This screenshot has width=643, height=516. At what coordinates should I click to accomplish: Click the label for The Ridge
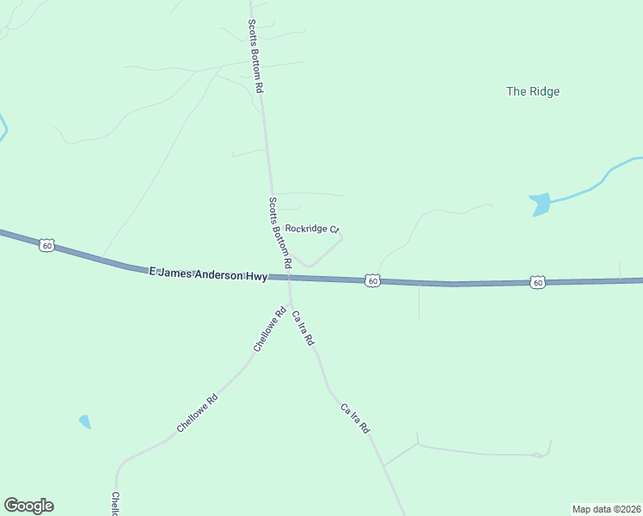point(533,91)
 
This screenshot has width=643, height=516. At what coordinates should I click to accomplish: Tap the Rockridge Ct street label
point(313,229)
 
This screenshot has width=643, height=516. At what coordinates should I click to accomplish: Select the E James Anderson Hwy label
point(207,273)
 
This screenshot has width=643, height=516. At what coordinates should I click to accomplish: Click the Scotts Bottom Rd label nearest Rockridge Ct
point(280,231)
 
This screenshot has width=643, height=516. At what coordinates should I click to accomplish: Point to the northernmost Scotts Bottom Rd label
point(255,56)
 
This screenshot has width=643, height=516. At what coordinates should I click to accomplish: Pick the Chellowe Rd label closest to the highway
point(269,330)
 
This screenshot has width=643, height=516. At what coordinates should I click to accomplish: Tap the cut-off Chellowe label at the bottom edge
point(114,504)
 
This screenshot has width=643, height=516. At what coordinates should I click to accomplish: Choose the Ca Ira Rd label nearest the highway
point(303,329)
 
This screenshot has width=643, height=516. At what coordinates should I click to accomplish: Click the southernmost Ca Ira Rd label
point(354,417)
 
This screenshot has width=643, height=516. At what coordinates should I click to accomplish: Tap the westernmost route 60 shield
point(47,246)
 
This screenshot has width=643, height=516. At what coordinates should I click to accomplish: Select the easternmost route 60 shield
point(537,282)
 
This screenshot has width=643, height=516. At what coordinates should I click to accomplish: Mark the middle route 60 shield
point(371,280)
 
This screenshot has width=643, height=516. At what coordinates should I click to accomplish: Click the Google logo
point(28,506)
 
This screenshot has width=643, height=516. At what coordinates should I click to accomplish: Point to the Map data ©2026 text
point(606,509)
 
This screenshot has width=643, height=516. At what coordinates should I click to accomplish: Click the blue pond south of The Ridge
point(540,205)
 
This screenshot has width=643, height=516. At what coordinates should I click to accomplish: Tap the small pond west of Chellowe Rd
point(84,421)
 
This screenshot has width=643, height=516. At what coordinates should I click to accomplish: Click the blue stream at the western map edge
point(3,129)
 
